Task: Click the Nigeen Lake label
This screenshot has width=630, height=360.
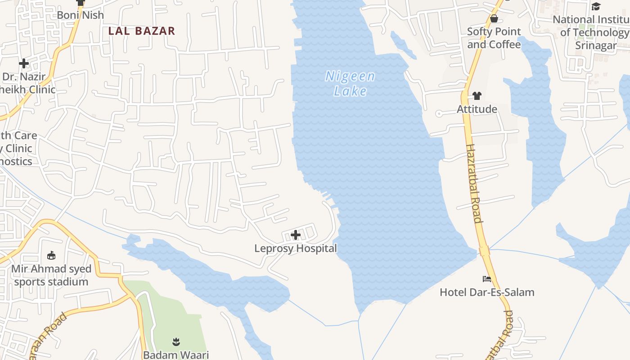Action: tap(350, 84)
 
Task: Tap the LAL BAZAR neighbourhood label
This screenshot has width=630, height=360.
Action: tap(142, 31)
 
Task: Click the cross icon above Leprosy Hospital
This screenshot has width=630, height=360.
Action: tap(296, 235)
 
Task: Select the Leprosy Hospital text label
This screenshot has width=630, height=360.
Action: tap(296, 248)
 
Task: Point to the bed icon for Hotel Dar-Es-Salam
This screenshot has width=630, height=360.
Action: tap(487, 279)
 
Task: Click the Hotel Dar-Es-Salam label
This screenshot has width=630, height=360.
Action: tap(487, 292)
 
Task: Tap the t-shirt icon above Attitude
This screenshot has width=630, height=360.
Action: tap(477, 96)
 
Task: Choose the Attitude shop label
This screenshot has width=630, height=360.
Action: tap(477, 109)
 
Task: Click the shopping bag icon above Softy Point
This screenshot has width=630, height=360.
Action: tap(494, 18)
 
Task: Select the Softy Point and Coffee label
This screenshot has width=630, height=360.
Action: tap(494, 38)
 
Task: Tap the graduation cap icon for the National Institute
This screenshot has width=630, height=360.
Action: tap(596, 6)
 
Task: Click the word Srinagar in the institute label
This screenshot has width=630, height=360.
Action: tap(596, 45)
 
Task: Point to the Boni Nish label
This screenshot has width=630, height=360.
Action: tap(81, 15)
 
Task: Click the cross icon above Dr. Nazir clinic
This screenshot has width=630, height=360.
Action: tap(24, 63)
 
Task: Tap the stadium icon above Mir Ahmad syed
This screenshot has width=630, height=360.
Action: tap(51, 256)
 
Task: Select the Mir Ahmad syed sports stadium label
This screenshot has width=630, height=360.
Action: tap(51, 275)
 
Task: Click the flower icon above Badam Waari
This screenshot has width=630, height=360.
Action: tap(176, 342)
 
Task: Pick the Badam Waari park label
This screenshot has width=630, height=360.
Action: tap(176, 355)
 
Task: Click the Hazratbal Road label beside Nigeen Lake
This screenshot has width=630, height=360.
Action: tap(474, 183)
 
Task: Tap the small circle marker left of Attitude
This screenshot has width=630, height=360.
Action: tap(439, 114)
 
